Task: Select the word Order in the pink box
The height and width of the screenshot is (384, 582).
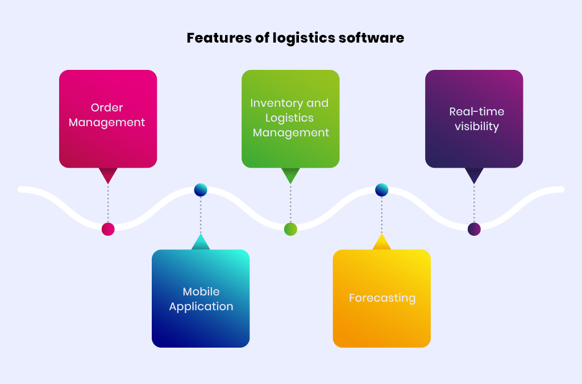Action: point(107,107)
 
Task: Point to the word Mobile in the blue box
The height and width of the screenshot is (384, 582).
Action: point(201,291)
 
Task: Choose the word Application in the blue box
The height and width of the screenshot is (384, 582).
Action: point(201,306)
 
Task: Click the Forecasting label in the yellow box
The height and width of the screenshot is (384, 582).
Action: point(382,298)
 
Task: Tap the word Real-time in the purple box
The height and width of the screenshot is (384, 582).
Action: point(476,111)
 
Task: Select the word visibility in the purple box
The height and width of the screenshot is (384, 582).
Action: point(476,126)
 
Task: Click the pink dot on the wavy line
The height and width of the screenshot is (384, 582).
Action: point(108,229)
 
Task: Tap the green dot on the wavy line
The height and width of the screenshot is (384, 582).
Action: point(290,229)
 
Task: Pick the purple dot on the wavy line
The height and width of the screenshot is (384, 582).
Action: point(474,229)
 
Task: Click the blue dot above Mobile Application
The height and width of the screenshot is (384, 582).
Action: point(201,190)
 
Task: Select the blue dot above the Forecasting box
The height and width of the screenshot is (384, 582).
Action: point(382,190)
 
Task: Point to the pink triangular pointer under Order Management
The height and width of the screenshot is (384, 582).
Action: point(108,174)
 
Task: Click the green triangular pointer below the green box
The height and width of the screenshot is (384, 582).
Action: point(290,174)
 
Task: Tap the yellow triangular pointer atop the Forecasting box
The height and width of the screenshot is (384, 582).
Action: point(382,243)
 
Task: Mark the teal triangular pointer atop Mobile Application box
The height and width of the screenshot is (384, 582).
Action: point(201,243)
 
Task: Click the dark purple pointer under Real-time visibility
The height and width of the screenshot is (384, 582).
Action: point(474,174)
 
